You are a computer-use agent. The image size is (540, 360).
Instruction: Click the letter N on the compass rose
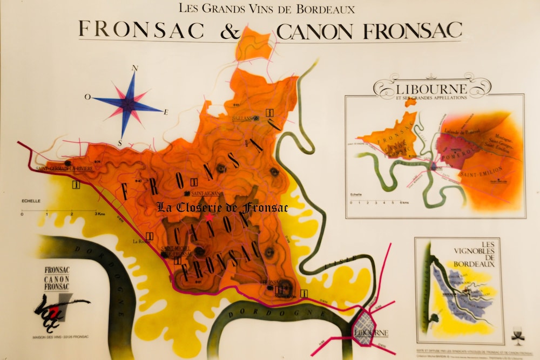tap(135, 69)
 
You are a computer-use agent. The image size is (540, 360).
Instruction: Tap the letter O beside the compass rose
tap(87, 97)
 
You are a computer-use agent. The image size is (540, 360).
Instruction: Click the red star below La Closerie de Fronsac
tap(209, 217)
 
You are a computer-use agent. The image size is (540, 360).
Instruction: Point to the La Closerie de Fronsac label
tap(222, 207)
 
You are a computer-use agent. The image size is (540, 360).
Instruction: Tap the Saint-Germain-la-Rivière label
tap(65, 169)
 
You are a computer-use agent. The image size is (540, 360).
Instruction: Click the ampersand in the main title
tap(230, 30)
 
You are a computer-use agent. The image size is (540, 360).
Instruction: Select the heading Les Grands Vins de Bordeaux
tap(267, 9)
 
